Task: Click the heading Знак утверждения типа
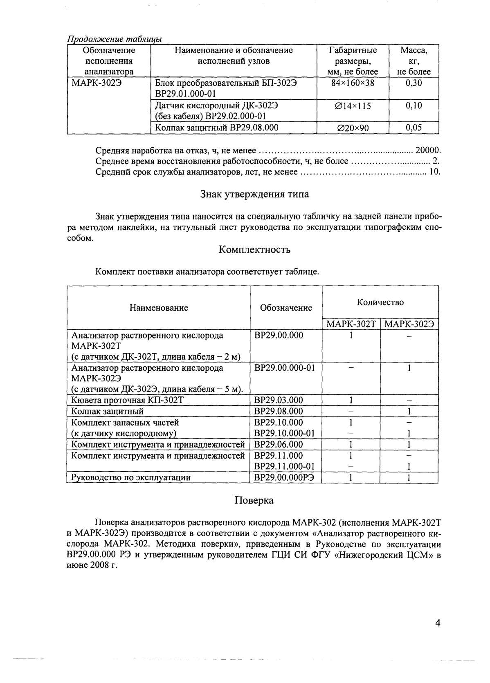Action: (x=254, y=194)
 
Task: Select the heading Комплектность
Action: (x=254, y=249)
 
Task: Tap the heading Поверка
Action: (x=254, y=500)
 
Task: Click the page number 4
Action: (x=438, y=623)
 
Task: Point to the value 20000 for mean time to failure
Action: (x=427, y=150)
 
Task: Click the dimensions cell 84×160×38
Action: (x=353, y=83)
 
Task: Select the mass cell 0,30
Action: (x=414, y=83)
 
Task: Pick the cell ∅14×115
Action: (x=353, y=106)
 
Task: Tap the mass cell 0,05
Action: (x=414, y=128)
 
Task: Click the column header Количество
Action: (x=380, y=302)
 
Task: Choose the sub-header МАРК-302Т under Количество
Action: (x=351, y=325)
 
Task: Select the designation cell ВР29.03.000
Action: (x=279, y=400)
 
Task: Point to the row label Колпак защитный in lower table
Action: (x=107, y=411)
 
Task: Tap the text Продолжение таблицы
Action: (x=115, y=39)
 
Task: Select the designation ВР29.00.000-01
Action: (x=285, y=368)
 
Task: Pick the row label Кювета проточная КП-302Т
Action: (x=127, y=400)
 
